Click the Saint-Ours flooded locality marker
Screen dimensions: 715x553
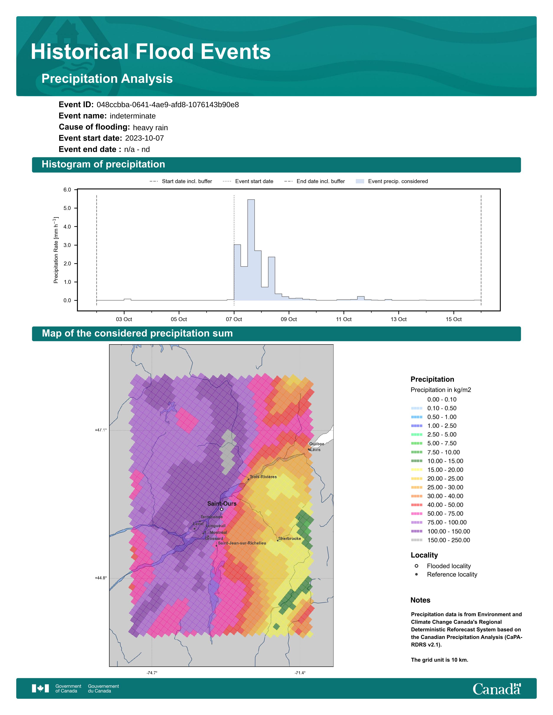pyautogui.click(x=221, y=509)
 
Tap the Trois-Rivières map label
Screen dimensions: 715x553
pyautogui.click(x=263, y=477)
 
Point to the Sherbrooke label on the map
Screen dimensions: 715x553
pyautogui.click(x=289, y=539)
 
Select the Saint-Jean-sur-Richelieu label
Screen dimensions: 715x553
pyautogui.click(x=242, y=543)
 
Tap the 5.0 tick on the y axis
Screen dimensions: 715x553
pyautogui.click(x=67, y=208)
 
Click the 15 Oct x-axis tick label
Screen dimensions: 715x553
pyautogui.click(x=453, y=319)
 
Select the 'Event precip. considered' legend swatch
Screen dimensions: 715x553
pyautogui.click(x=360, y=181)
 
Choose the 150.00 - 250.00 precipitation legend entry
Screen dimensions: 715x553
pyautogui.click(x=448, y=540)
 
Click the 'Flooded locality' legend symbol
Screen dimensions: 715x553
pyautogui.click(x=416, y=566)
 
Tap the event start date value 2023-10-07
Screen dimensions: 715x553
pyautogui.click(x=144, y=138)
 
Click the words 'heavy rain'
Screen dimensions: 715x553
pyautogui.click(x=150, y=128)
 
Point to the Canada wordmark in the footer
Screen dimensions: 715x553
pyautogui.click(x=496, y=689)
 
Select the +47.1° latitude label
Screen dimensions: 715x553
pyautogui.click(x=101, y=430)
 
